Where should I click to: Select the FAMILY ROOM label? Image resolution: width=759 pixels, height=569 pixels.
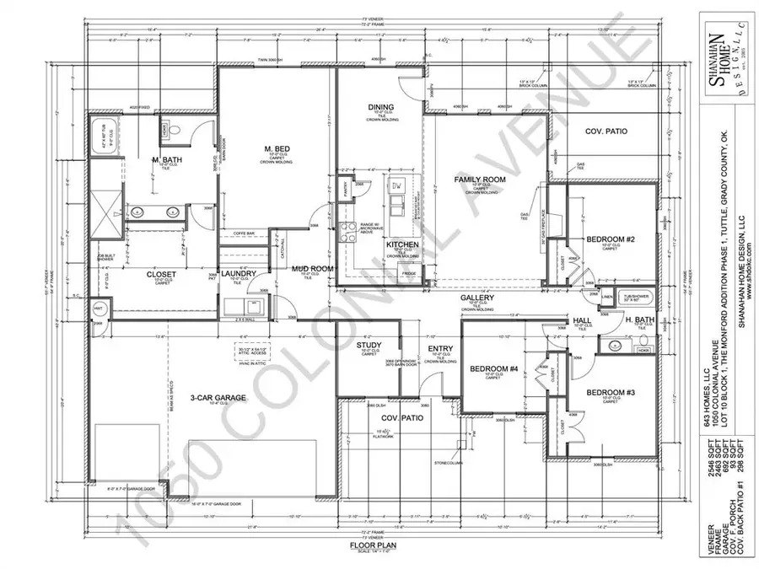479,180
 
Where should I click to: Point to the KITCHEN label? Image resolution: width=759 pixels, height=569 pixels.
402,244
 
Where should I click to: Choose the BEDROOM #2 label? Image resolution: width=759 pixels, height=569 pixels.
605,239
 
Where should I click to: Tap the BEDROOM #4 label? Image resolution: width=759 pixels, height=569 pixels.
489,368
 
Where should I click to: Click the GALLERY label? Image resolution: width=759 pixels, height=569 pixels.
476,299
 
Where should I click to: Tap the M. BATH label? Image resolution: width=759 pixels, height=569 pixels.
168,160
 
